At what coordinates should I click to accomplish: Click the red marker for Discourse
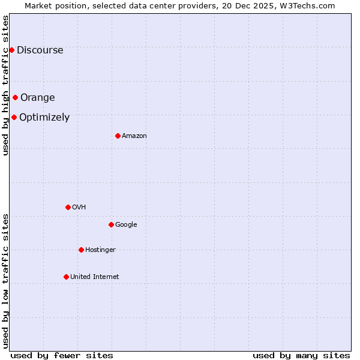[x=11, y=50]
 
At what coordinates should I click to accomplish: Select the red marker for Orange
[x=15, y=97]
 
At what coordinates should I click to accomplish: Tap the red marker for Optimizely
[x=14, y=117]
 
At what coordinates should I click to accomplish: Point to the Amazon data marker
[x=118, y=136]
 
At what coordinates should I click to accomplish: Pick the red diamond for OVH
[x=68, y=207]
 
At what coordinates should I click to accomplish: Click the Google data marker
[x=111, y=224]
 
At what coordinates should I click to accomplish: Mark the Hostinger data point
[x=81, y=250]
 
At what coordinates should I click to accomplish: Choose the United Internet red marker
[x=66, y=277]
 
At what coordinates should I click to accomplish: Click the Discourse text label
[x=40, y=50]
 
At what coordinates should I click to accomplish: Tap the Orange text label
[x=37, y=98]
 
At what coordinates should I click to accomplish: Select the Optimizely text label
[x=44, y=118]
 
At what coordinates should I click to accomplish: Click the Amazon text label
[x=134, y=136]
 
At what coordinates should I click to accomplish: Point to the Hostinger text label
[x=100, y=250]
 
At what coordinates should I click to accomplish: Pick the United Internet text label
[x=94, y=277]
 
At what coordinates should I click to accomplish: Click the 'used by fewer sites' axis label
[x=62, y=355]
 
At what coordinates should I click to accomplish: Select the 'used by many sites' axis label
[x=301, y=355]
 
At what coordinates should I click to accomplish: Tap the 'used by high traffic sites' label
[x=6, y=85]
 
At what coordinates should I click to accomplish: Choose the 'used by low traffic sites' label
[x=6, y=281]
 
